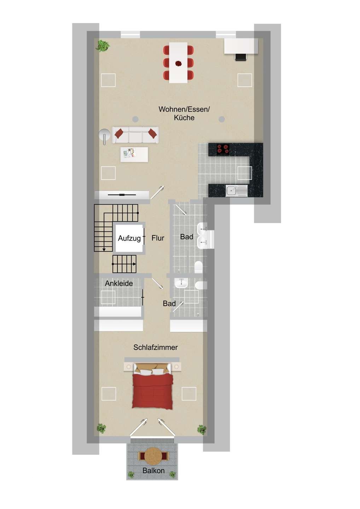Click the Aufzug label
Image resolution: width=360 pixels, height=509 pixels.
click(x=129, y=238)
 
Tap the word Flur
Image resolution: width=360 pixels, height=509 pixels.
click(x=158, y=238)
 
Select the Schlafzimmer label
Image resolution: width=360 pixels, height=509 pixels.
click(x=156, y=347)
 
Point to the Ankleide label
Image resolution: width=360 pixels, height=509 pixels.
click(x=119, y=283)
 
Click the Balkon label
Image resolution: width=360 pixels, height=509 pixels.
click(x=153, y=470)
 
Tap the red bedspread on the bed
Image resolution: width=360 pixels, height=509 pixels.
click(x=153, y=392)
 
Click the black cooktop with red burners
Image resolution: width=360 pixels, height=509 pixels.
click(x=223, y=150)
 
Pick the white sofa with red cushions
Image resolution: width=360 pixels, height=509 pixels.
click(x=135, y=135)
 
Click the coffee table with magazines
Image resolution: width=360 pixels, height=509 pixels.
click(x=134, y=154)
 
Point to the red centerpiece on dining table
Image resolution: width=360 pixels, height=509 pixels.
click(x=179, y=64)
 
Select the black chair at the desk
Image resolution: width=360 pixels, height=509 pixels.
click(x=241, y=57)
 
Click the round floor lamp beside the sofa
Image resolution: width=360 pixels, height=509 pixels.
click(x=104, y=136)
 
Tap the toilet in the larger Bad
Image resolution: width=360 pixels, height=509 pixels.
click(x=199, y=267)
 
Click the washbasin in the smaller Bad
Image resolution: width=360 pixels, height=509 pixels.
click(x=181, y=283)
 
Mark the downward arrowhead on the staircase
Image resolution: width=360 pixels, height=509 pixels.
click(x=104, y=250)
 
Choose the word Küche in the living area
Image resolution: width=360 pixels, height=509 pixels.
click(x=184, y=118)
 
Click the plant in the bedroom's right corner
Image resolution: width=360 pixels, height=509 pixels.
click(x=202, y=429)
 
